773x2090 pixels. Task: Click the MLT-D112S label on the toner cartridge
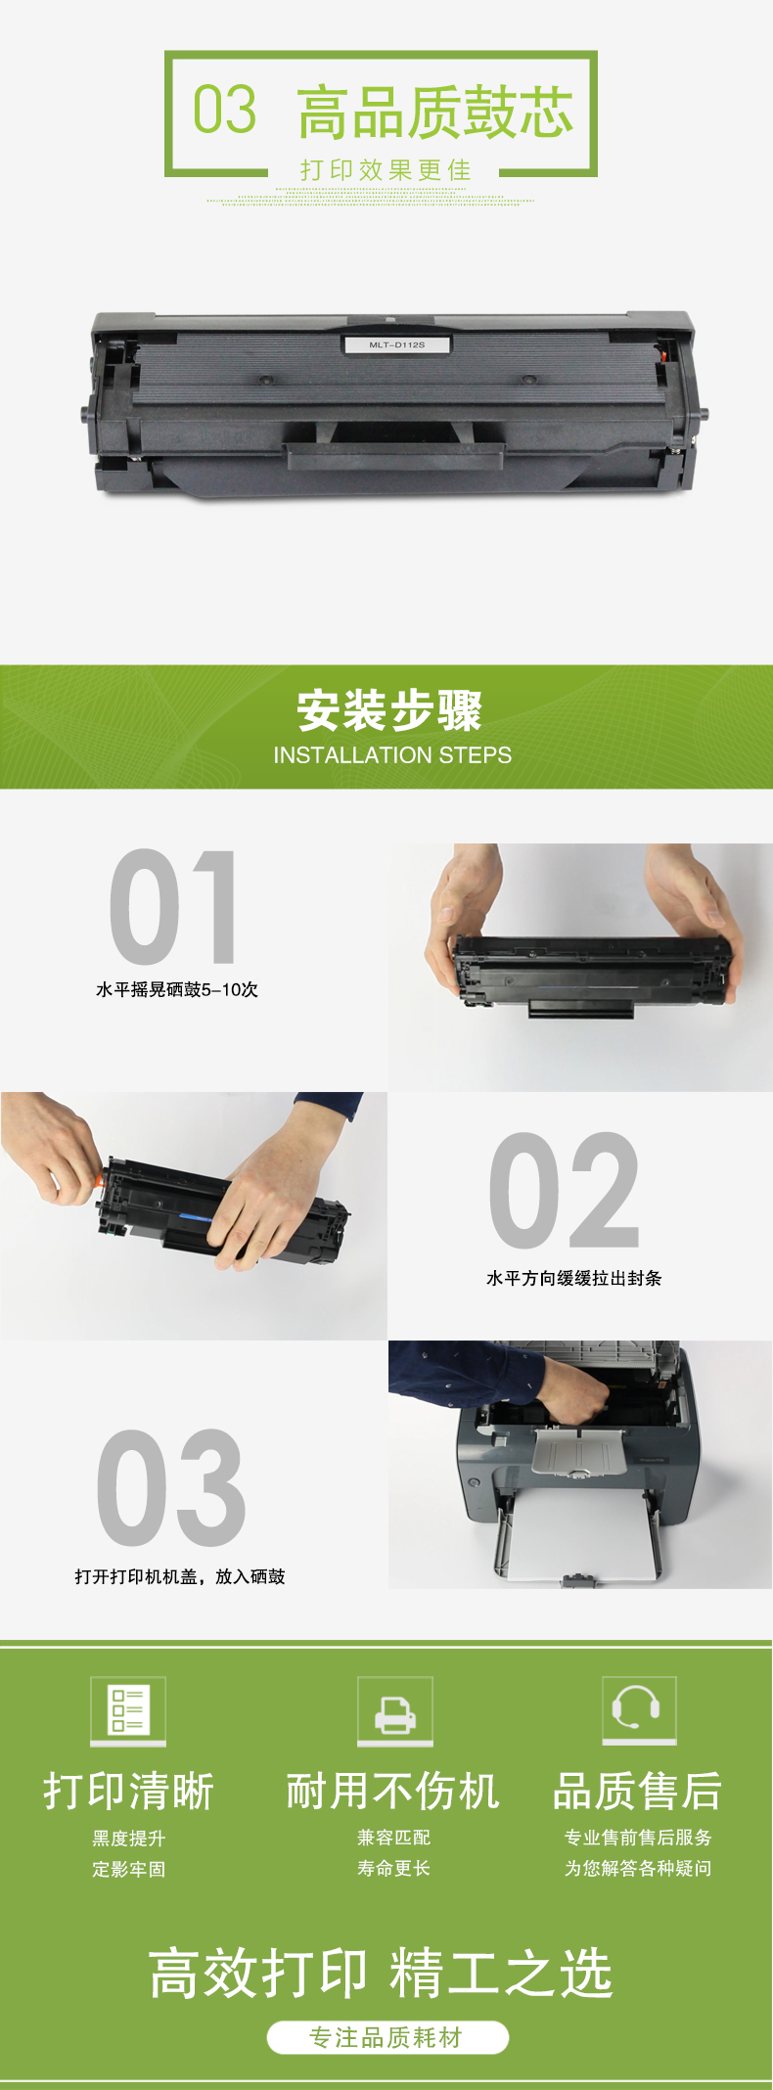coord(396,344)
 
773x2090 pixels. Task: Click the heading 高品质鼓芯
coord(435,112)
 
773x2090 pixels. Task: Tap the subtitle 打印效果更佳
coord(386,170)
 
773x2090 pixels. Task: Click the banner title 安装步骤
coord(389,710)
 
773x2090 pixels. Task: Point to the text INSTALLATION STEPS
coord(392,755)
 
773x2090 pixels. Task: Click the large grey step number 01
coord(173,907)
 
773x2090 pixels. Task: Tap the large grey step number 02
coord(565,1191)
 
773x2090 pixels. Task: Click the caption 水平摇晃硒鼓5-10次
coord(177,989)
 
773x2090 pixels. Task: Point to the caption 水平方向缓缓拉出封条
coord(574,1278)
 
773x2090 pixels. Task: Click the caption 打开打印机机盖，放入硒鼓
coord(180,1576)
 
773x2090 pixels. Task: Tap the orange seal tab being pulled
coord(99,1181)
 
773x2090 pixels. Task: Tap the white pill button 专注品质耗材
coord(387,2037)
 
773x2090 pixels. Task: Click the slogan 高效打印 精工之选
coord(381,1973)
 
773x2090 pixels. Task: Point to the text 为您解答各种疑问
coord(638,1868)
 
